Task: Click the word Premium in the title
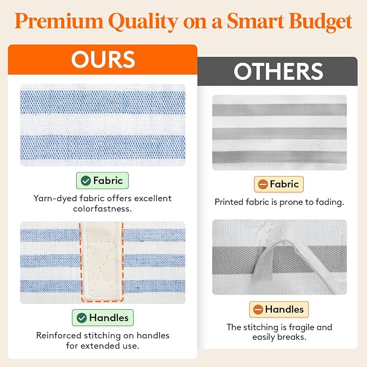(x=59, y=21)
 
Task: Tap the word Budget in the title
(x=321, y=22)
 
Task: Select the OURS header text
(x=103, y=59)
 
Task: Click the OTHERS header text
(x=278, y=71)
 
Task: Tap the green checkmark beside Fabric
(x=85, y=181)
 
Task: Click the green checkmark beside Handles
(x=82, y=318)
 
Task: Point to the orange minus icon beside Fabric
(x=263, y=184)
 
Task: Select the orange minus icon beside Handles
(x=258, y=309)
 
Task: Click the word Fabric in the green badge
(x=108, y=181)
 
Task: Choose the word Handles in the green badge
(x=109, y=318)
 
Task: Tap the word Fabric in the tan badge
(x=284, y=184)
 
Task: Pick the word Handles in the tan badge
(x=284, y=309)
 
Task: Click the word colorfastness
(x=103, y=209)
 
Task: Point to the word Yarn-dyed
(x=55, y=198)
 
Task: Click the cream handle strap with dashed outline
(x=102, y=261)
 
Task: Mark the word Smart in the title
(x=256, y=21)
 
